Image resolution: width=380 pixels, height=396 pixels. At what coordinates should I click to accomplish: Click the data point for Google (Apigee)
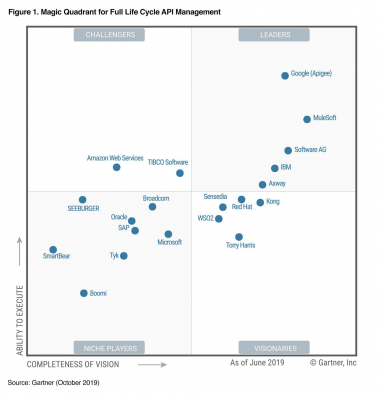pos(284,75)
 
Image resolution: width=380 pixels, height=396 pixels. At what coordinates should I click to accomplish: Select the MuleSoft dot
pos(307,119)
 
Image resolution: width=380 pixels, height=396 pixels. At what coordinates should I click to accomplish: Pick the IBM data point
pos(274,168)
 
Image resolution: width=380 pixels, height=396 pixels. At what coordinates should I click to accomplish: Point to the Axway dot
pos(262,184)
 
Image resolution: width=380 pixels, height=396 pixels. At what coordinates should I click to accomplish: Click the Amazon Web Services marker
pos(117,167)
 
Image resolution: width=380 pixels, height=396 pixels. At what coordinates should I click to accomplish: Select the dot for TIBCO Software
pos(180,173)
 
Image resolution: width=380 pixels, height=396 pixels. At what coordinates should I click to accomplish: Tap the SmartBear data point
pos(53,250)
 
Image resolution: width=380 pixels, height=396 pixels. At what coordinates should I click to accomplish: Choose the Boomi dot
pos(83,293)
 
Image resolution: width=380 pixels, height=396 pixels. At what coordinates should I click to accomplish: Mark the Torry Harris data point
pos(239,237)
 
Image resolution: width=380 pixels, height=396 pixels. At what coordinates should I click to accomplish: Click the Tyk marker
pos(124,255)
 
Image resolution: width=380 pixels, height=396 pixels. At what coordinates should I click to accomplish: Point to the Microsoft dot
pos(168,235)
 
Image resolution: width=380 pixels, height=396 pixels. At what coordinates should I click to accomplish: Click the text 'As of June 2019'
pos(262,364)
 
